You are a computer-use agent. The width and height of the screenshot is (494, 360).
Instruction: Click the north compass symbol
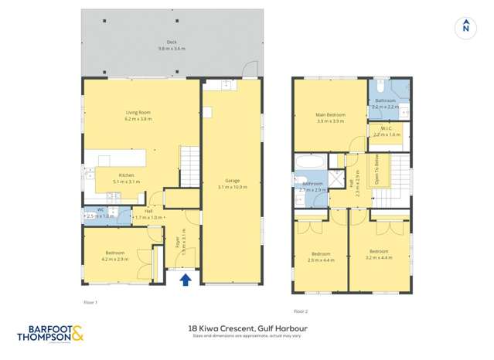point(465,27)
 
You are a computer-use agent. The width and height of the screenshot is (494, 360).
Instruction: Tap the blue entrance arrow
point(186,280)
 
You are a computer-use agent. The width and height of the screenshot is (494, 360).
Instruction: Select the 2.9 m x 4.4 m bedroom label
point(320,256)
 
